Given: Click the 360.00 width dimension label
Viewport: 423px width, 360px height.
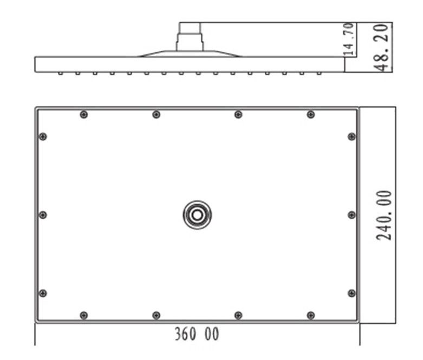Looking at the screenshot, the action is click(197, 334).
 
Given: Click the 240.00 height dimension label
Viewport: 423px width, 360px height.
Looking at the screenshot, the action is click(383, 215).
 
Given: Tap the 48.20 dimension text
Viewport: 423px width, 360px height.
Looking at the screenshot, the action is click(381, 48).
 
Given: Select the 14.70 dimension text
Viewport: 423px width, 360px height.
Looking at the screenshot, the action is click(349, 40).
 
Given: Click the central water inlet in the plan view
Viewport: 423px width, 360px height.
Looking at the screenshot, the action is click(197, 215).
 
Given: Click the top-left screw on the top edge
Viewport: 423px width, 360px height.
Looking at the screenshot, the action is click(84, 115).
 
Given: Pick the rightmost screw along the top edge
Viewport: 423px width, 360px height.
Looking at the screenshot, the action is click(311, 115).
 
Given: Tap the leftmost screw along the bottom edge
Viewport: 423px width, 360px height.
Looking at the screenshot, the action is click(84, 315).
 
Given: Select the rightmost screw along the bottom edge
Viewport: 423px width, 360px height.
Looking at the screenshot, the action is click(311, 315).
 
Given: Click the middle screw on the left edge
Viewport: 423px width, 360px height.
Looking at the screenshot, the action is click(43, 215).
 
